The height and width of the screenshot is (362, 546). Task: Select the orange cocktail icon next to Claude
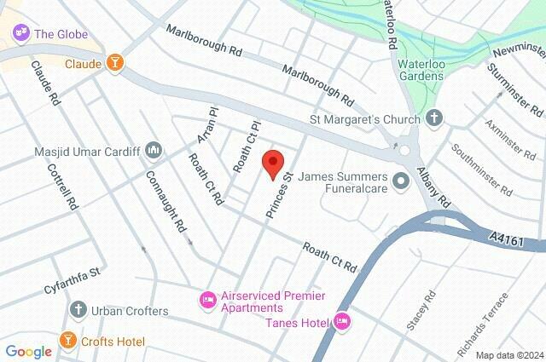113,63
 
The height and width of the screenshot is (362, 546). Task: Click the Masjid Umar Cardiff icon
154,150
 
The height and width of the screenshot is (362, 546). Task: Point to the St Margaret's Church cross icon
433,118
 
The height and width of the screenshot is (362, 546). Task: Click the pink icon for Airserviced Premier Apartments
206,300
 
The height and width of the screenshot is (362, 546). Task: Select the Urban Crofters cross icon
78,310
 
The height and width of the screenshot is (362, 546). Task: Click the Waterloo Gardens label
421,76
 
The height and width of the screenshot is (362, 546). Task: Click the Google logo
28,351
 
